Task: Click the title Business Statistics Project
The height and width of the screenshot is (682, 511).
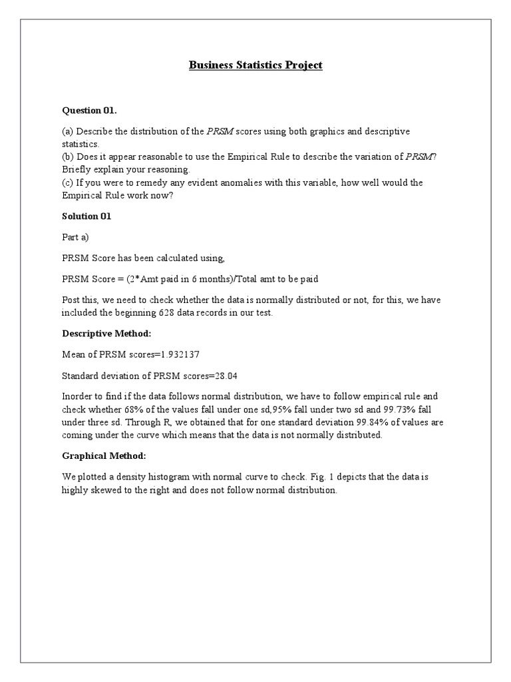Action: [255, 65]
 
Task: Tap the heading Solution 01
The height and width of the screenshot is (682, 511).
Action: [86, 216]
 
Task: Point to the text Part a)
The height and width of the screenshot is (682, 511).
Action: [75, 237]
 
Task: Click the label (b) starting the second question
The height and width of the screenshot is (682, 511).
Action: [69, 157]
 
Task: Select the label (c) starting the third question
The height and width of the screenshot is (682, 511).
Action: [68, 182]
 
